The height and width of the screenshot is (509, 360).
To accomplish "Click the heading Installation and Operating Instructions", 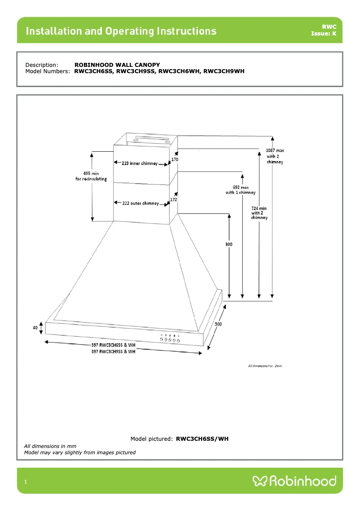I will click(121, 31).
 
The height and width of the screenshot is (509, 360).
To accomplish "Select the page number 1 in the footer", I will click(26, 482).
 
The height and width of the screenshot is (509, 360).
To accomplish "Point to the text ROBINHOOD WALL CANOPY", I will click(117, 65).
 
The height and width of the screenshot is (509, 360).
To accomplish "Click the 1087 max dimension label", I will click(275, 150).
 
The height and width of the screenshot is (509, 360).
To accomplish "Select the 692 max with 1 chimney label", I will click(240, 189).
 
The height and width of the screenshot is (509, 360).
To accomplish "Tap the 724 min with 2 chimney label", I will click(259, 213).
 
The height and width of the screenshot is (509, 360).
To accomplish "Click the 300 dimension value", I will click(229, 245).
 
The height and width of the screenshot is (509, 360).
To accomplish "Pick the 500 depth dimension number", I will click(218, 324).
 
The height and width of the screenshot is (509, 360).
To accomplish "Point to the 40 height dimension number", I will click(35, 328).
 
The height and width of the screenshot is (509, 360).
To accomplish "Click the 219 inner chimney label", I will click(140, 164).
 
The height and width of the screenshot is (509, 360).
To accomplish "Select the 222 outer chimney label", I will click(140, 203).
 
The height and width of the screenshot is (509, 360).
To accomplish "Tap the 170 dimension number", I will click(175, 159).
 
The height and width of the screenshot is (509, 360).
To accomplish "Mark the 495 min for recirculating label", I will click(91, 176).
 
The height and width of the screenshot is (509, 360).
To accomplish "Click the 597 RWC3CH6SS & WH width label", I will click(113, 345).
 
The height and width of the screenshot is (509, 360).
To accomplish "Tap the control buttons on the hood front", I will click(170, 341).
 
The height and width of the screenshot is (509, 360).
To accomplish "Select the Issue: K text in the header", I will click(323, 34).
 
